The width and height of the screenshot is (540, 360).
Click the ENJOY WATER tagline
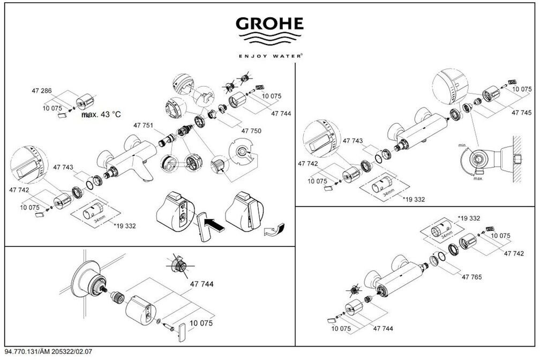point(270,55)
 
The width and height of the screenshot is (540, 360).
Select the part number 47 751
point(144,125)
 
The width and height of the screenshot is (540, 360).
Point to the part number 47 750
point(251,131)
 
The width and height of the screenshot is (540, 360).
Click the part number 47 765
point(471,277)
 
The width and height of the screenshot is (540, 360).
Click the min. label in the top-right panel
point(462,145)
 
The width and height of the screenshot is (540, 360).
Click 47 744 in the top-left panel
point(281,114)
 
